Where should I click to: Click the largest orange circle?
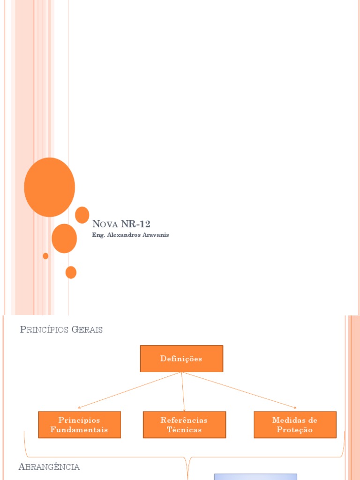coord(49,187)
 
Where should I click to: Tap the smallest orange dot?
coord(45,256)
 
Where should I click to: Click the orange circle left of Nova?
coord(82,215)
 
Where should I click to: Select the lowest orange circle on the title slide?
coord(71,272)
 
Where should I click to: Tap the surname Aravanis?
coord(154,235)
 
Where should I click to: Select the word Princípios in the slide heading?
coord(44,330)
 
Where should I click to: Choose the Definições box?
coord(181,359)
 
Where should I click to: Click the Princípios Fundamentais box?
coord(79,425)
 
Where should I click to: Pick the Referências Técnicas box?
coord(184,425)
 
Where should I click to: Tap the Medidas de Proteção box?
coord(295,425)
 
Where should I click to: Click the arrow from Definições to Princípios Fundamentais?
coord(129,390)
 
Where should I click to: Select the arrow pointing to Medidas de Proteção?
coord(239,390)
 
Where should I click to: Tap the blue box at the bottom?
coord(255,477)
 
